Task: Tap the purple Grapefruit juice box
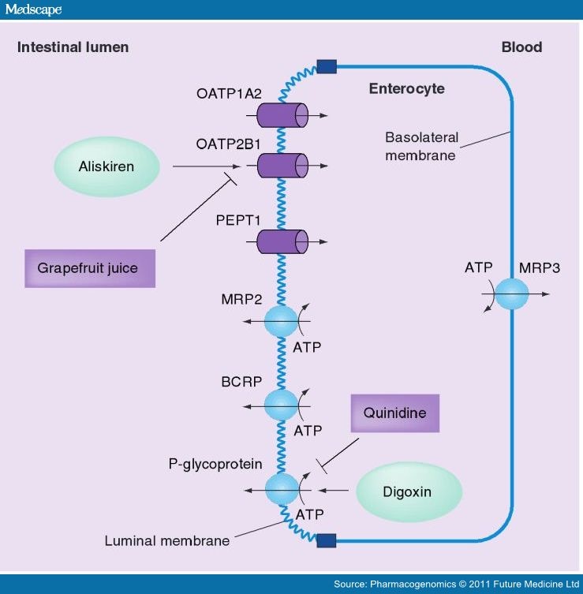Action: (88, 267)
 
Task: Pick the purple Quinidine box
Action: (394, 413)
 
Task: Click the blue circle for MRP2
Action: (281, 322)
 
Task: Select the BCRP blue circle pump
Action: (281, 405)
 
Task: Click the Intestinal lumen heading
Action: (73, 47)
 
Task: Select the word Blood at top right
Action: (521, 47)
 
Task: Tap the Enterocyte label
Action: (406, 89)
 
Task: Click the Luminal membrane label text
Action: (167, 541)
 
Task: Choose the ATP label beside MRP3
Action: (478, 267)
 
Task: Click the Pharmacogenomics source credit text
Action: (456, 585)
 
